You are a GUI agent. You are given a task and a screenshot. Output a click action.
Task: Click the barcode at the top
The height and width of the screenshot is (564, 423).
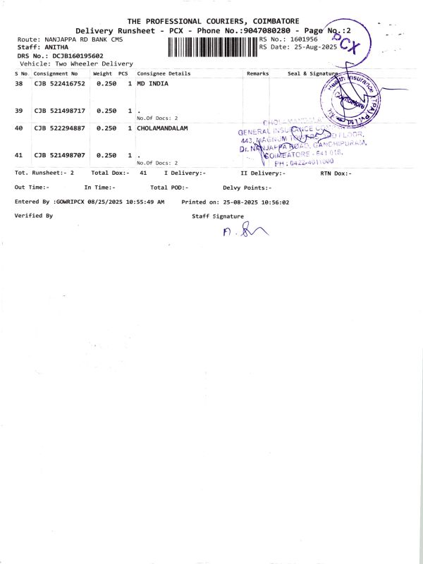213,47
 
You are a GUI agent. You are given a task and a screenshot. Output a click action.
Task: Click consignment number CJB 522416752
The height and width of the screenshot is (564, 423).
59,83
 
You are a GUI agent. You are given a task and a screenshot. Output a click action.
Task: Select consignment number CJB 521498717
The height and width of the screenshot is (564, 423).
59,111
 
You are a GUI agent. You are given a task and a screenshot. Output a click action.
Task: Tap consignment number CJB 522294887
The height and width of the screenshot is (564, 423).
59,128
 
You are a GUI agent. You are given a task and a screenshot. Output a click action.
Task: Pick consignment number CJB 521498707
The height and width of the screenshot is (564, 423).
59,155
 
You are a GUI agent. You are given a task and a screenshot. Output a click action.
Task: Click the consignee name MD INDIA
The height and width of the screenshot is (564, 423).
152,83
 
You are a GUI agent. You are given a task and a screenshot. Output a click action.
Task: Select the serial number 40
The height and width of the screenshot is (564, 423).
19,128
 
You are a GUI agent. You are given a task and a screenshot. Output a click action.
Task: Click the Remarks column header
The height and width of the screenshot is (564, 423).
258,73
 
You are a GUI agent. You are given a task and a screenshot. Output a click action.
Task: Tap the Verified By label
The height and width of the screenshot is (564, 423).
33,216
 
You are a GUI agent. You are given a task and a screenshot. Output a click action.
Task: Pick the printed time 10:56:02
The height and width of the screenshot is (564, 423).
275,202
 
